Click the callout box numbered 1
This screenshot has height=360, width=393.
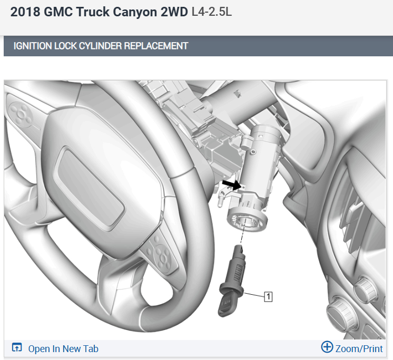pos(268,297)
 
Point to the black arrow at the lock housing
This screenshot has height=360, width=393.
pos(231,185)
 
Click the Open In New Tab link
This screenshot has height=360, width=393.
pos(63,348)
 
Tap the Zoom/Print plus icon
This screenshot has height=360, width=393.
pos(327,347)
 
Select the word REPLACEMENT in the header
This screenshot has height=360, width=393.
pos(156,46)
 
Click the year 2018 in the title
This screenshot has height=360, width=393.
pos(25,12)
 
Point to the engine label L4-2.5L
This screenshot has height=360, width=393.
pos(212,12)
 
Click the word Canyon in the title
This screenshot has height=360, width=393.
pos(134,13)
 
